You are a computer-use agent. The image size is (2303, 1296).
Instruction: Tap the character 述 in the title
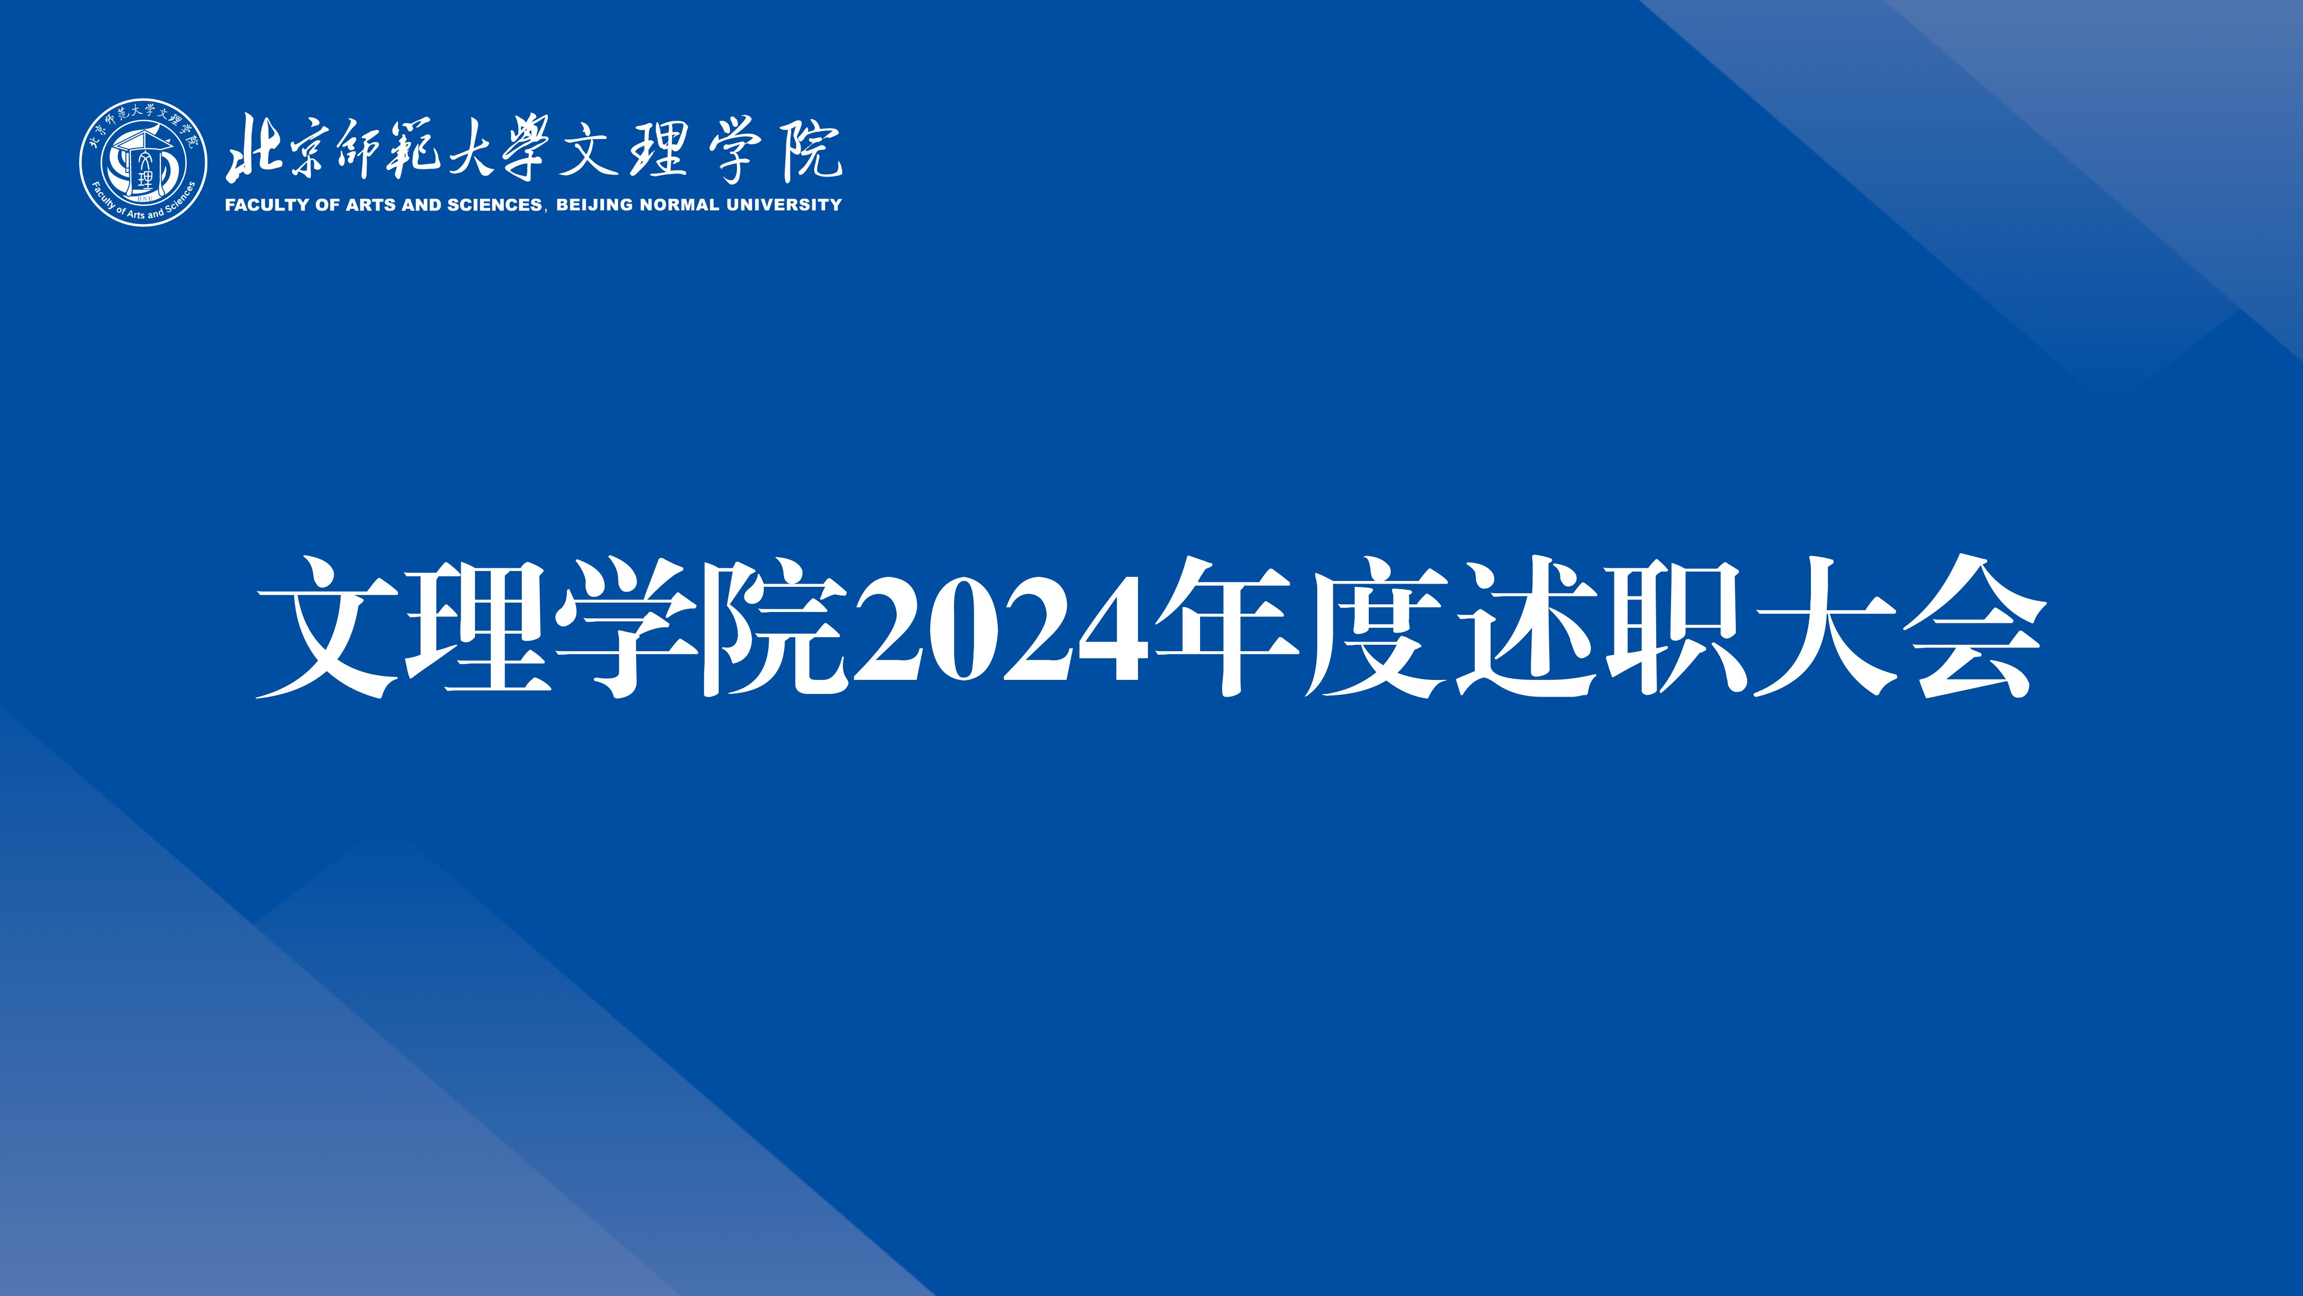(1524, 626)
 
